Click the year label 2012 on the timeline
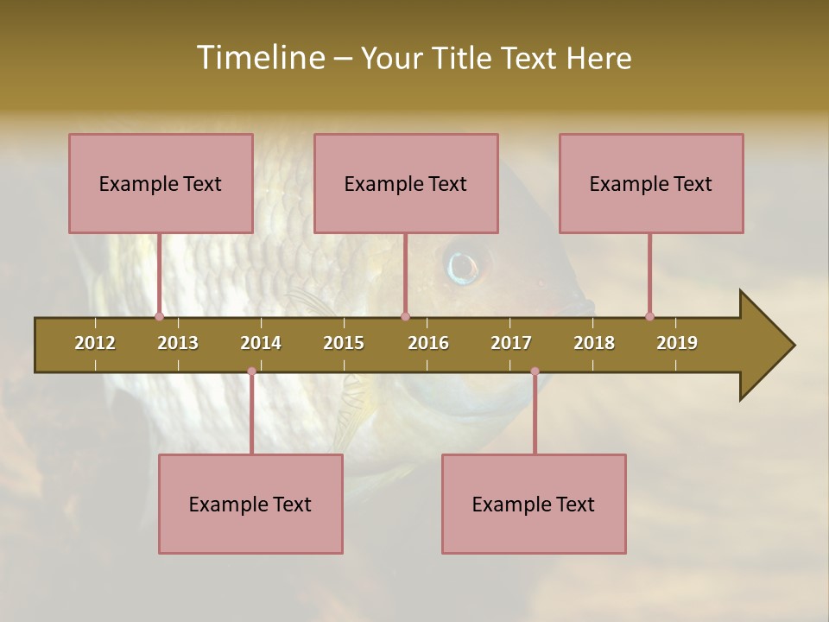95,343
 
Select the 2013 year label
178,343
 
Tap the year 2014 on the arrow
261,343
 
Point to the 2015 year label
344,343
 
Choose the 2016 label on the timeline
428,343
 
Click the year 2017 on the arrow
511,343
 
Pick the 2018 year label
594,343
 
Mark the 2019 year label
677,343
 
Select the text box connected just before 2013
161,183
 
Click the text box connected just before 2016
406,183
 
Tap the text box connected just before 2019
651,183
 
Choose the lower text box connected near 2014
250,504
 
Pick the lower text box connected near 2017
534,504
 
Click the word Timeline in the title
259,58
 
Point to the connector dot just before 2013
159,316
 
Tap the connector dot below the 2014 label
251,371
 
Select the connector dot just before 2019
649,316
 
